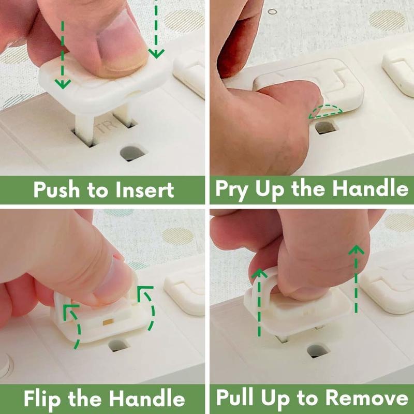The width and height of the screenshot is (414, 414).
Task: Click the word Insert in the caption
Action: click(x=145, y=190)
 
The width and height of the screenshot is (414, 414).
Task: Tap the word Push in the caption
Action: click(x=56, y=190)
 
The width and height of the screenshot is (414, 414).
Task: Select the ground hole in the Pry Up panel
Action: click(x=327, y=127)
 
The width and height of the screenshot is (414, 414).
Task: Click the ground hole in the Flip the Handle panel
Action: click(x=119, y=345)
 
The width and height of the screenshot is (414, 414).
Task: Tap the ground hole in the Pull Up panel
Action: click(x=318, y=351)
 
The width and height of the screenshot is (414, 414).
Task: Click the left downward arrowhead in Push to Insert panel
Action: click(x=63, y=84)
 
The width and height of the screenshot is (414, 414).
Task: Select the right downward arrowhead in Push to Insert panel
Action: click(x=156, y=53)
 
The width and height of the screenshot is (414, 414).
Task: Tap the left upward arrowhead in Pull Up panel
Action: click(x=259, y=274)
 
